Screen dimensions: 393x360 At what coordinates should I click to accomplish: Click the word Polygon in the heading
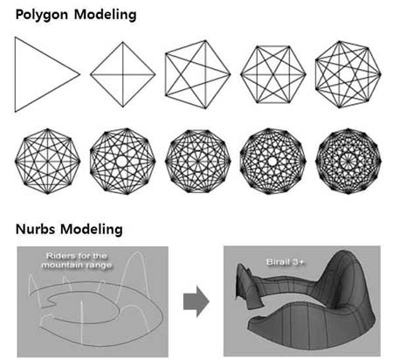42,15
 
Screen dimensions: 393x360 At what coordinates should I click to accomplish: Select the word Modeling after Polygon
105,15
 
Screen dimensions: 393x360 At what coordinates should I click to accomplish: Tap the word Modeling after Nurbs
92,230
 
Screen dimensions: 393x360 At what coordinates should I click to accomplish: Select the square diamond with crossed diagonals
122,74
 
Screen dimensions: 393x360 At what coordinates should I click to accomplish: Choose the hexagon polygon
273,74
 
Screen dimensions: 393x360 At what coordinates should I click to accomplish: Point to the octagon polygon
47,161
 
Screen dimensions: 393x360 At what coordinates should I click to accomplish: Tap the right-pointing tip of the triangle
80,74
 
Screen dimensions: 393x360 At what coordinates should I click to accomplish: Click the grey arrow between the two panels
196,301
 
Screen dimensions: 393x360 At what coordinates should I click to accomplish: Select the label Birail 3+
285,262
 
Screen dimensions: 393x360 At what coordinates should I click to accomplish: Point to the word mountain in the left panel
60,265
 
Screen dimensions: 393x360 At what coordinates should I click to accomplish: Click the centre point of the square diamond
122,74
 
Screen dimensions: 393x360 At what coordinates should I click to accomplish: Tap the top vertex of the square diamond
122,42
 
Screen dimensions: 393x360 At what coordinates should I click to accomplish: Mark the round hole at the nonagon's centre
122,161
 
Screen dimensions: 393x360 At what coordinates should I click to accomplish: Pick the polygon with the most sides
348,161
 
